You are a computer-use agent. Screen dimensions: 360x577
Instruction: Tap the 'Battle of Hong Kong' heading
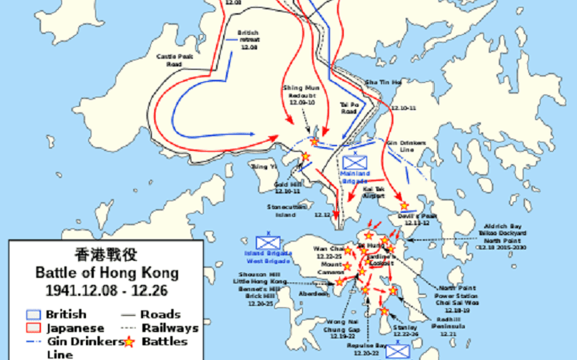coord(107,273)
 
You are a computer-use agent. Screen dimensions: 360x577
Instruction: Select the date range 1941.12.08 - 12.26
coord(107,291)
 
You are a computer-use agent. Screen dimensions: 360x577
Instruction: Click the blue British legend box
coord(32,315)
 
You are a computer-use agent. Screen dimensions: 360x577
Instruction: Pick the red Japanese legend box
coord(32,327)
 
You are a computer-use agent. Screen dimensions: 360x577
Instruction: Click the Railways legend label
coord(171,327)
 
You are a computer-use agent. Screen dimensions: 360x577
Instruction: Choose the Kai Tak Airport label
coord(373,194)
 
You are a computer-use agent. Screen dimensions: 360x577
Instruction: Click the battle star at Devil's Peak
coord(404,205)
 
